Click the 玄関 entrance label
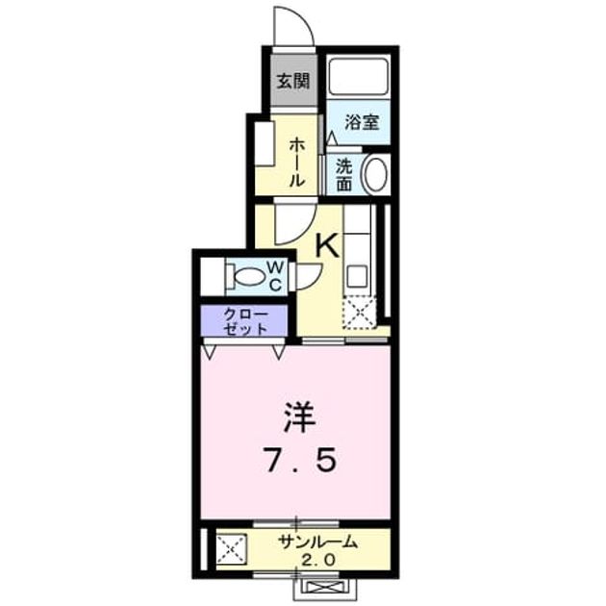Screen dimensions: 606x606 (x=293, y=81)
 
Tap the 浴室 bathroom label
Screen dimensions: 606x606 (x=362, y=122)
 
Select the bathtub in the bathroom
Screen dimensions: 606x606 (x=359, y=76)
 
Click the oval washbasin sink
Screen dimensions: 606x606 (x=374, y=173)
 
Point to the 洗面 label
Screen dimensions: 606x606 (x=343, y=175)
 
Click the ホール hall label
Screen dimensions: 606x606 (x=297, y=163)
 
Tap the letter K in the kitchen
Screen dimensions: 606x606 (x=328, y=246)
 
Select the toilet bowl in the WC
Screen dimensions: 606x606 (x=247, y=277)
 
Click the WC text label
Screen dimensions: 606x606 (x=276, y=275)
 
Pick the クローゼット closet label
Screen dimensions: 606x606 (x=245, y=321)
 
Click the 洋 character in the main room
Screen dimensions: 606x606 (x=299, y=417)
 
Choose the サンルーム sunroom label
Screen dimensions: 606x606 (x=317, y=543)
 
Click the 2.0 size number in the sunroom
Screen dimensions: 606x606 (x=317, y=560)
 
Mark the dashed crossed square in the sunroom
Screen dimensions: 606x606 (x=231, y=548)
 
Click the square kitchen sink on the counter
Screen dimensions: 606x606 (x=357, y=276)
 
